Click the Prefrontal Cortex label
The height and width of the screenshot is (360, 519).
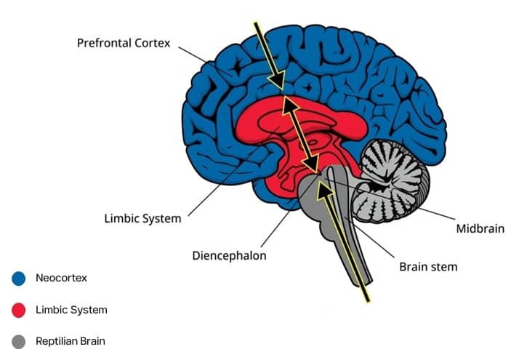click(x=124, y=43)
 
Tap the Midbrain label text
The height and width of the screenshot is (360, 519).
click(x=480, y=229)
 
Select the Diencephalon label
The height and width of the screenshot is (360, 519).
click(x=229, y=256)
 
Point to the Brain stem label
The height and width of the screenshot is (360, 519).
click(x=428, y=267)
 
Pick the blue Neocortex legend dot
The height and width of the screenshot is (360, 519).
click(x=19, y=278)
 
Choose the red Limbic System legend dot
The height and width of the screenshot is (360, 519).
click(x=19, y=311)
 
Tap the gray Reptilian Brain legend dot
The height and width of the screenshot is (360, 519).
click(x=19, y=340)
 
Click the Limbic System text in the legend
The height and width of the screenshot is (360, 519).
click(x=71, y=310)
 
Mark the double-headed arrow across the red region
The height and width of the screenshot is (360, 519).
click(x=300, y=135)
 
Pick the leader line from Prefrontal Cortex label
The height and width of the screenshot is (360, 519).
click(x=204, y=58)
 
